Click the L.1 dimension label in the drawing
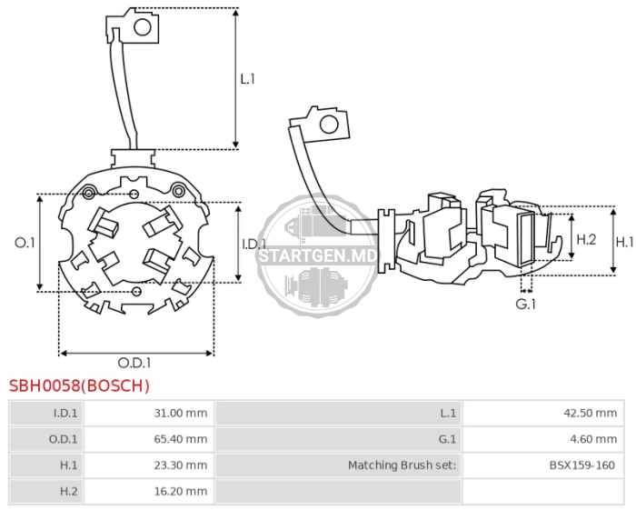click(247, 79)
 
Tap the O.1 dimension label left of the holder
click(25, 243)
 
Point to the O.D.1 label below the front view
click(134, 363)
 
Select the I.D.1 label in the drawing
click(253, 245)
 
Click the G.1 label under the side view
click(526, 304)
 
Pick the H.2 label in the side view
click(587, 239)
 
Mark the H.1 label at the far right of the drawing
click(625, 242)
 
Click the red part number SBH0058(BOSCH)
click(79, 385)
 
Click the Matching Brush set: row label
click(402, 465)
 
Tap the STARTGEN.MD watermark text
click(318, 256)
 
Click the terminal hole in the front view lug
click(143, 27)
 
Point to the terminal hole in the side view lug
click(329, 125)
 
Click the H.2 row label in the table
click(68, 491)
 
